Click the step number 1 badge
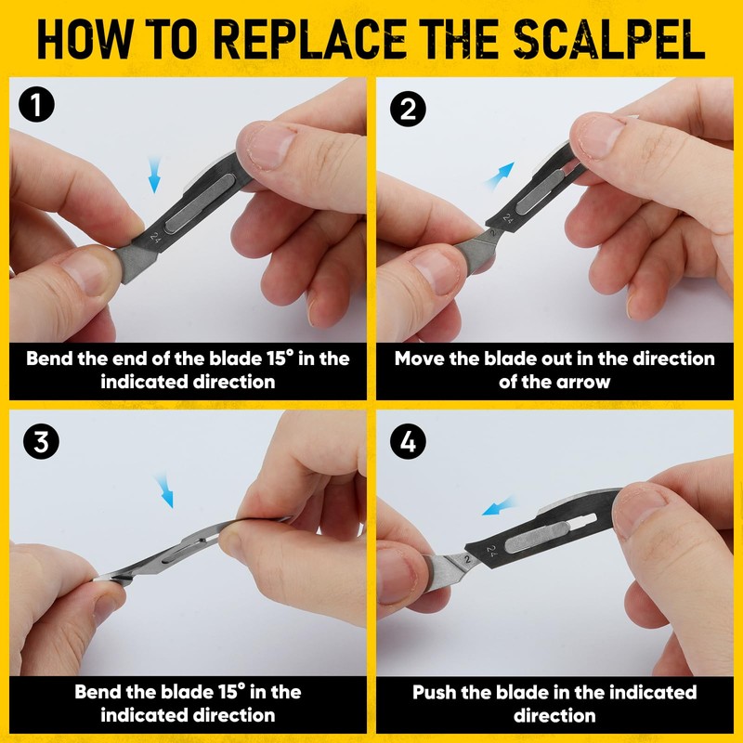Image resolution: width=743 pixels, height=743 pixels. (x=36, y=104)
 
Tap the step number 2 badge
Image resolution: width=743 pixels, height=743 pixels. (x=408, y=109)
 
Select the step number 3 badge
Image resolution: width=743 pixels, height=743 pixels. (x=41, y=442)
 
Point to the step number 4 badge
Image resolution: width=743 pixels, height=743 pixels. (x=408, y=442)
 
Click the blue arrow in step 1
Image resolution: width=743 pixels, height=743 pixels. (x=154, y=176)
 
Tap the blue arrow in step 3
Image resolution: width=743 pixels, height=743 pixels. (x=164, y=491)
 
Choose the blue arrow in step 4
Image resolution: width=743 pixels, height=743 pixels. (x=498, y=506)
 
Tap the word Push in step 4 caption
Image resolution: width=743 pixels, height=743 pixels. (x=434, y=692)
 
